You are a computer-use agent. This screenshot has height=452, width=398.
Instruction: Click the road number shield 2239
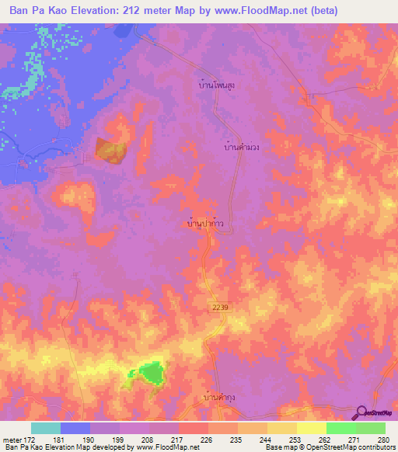tap(221, 308)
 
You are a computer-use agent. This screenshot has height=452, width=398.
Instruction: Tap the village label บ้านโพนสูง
tap(217, 86)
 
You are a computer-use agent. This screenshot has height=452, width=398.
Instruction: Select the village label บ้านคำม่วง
tap(241, 146)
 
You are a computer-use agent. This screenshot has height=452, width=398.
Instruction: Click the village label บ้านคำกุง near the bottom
tap(220, 397)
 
